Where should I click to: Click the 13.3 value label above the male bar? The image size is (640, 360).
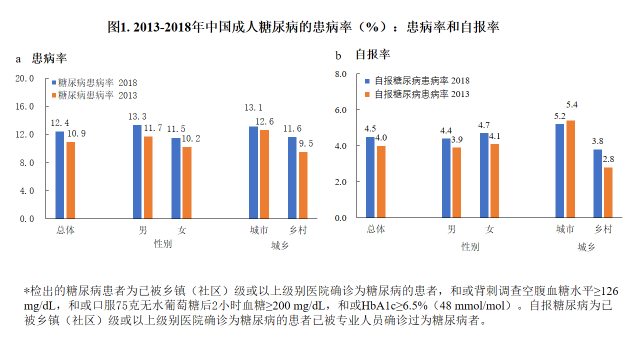tap(138, 117)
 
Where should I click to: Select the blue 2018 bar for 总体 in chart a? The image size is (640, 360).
tap(59, 175)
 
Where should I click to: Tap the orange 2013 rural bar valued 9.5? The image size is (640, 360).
tap(304, 185)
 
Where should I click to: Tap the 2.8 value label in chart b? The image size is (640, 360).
tap(608, 159)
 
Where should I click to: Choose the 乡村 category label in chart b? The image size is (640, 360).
tap(602, 229)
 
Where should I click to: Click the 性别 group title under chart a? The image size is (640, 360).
tap(161, 243)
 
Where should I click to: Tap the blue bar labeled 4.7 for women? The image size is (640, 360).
tap(484, 175)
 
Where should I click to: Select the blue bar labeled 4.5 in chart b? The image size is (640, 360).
tap(370, 177)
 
